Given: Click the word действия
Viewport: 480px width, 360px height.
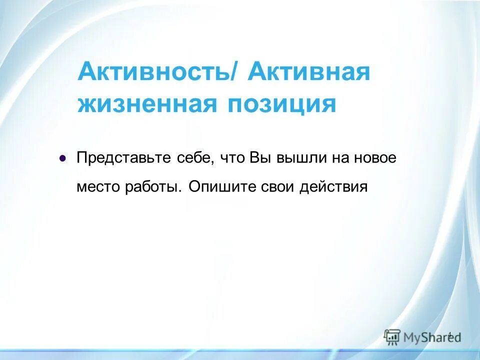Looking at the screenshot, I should pyautogui.click(x=333, y=186).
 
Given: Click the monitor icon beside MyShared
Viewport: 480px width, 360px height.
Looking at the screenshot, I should pyautogui.click(x=392, y=336).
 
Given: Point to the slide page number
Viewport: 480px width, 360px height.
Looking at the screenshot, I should pyautogui.click(x=449, y=334).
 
